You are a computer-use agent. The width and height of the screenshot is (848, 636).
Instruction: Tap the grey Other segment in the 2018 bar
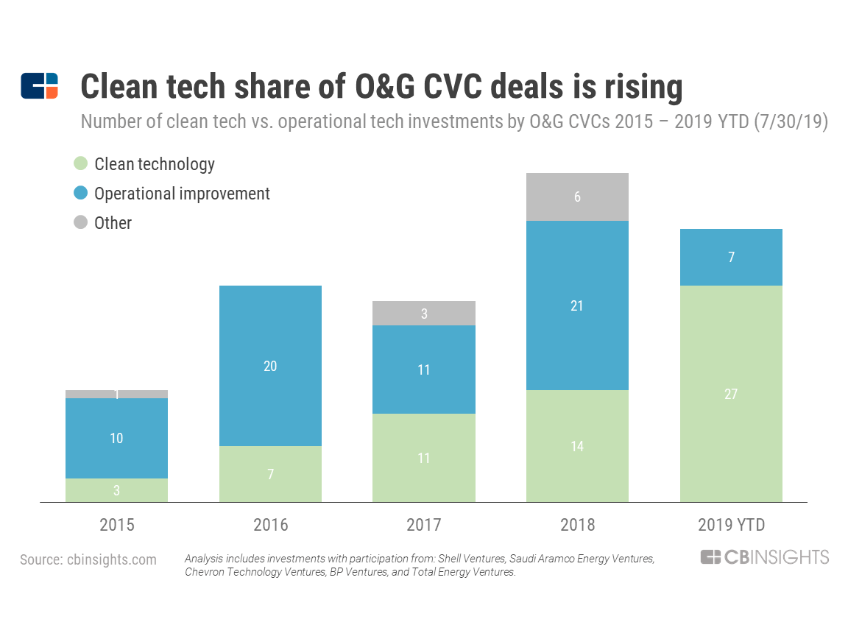click(x=577, y=197)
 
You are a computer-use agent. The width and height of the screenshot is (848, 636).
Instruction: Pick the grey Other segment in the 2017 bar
click(x=424, y=314)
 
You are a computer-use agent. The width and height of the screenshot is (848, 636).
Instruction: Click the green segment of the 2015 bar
click(x=117, y=490)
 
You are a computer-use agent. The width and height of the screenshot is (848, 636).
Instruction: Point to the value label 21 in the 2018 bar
click(x=577, y=305)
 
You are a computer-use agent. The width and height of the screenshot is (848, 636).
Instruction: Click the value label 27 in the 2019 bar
click(x=731, y=394)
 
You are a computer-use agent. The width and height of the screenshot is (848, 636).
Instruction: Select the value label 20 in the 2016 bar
click(x=270, y=366)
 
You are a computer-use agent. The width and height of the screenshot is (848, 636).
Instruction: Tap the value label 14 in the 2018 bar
click(x=577, y=446)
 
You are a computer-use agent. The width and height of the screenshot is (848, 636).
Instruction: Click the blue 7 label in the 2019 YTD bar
click(x=731, y=257)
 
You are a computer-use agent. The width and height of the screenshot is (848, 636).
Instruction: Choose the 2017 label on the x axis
click(x=424, y=525)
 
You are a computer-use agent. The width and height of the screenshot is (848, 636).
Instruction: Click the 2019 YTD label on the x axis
click(x=731, y=525)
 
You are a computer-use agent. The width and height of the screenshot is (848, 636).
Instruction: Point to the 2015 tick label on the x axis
click(x=117, y=525)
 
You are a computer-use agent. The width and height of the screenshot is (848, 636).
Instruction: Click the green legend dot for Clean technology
click(x=81, y=163)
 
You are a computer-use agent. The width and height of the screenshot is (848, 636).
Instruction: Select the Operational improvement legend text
click(x=182, y=193)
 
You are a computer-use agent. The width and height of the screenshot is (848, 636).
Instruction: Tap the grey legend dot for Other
click(x=81, y=222)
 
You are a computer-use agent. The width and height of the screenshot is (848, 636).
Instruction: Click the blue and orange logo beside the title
click(x=39, y=86)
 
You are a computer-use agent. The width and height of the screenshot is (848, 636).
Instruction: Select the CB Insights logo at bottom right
click(x=765, y=557)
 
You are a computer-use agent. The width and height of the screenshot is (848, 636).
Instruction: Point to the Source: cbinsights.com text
click(x=88, y=559)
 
